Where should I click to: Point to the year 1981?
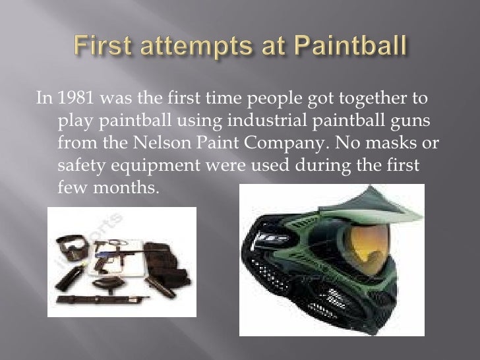pyautogui.click(x=75, y=100)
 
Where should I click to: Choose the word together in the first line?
pyautogui.click(x=375, y=100)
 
